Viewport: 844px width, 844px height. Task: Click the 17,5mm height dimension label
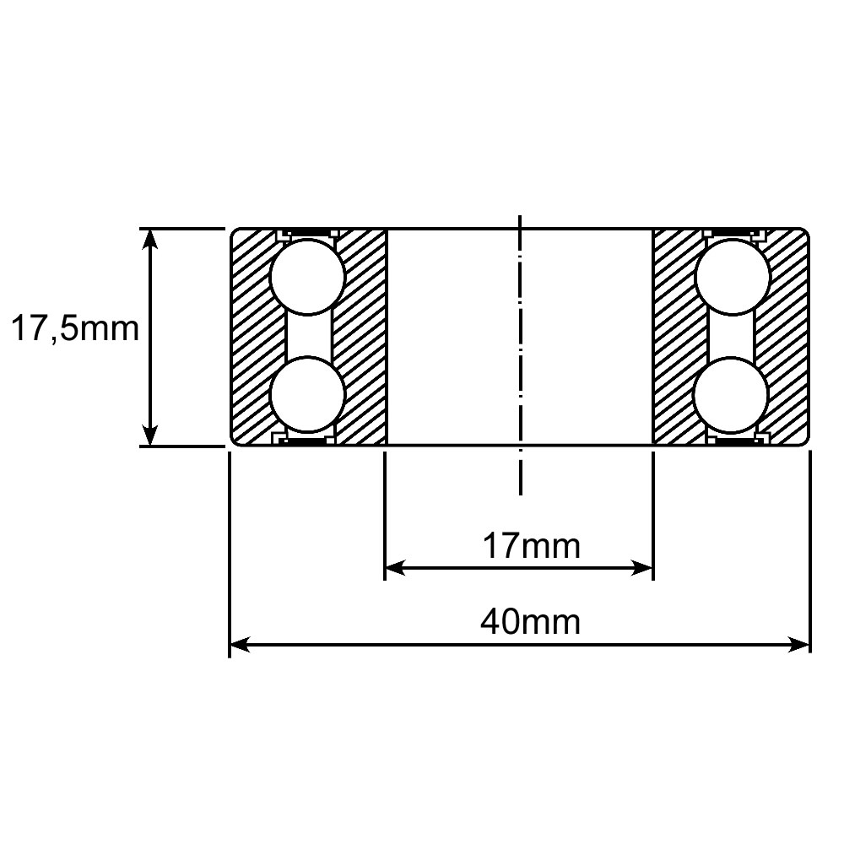[x=75, y=328]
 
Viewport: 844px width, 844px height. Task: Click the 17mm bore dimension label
[x=531, y=546]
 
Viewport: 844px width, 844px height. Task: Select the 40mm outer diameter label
[x=530, y=622]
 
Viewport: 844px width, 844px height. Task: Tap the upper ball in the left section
[x=307, y=278]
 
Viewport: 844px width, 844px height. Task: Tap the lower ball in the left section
[x=307, y=394]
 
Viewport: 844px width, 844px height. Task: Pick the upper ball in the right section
[x=732, y=278]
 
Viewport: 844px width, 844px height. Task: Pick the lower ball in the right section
[x=731, y=394]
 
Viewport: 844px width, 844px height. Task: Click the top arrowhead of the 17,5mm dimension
[x=149, y=239]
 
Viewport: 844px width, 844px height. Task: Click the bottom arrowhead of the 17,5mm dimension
[x=149, y=436]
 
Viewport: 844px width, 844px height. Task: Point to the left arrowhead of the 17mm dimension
[x=395, y=568]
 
